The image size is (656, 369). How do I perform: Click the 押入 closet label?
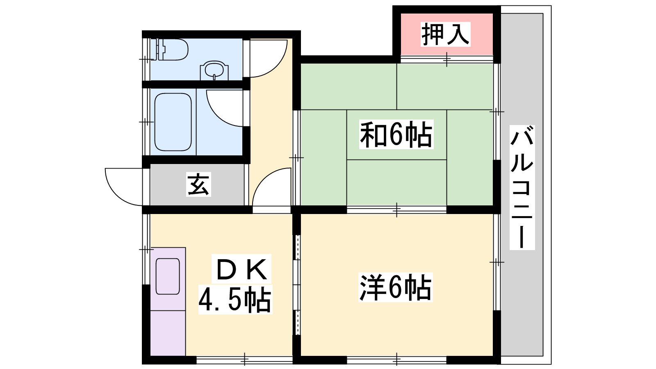445,34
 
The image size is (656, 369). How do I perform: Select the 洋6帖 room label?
395,287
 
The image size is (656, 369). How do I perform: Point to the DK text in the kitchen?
241,269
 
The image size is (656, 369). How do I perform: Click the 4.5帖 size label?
235,299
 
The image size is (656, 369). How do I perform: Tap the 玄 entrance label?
198,184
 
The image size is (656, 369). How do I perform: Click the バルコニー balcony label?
522,187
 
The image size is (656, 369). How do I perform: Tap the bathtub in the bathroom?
173,122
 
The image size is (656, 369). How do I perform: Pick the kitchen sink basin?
168,276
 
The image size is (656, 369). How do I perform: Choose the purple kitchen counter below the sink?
168,333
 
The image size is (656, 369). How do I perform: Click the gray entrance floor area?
197,185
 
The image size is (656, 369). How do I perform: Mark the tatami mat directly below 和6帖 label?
396,182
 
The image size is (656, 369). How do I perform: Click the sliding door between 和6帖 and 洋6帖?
396,210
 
